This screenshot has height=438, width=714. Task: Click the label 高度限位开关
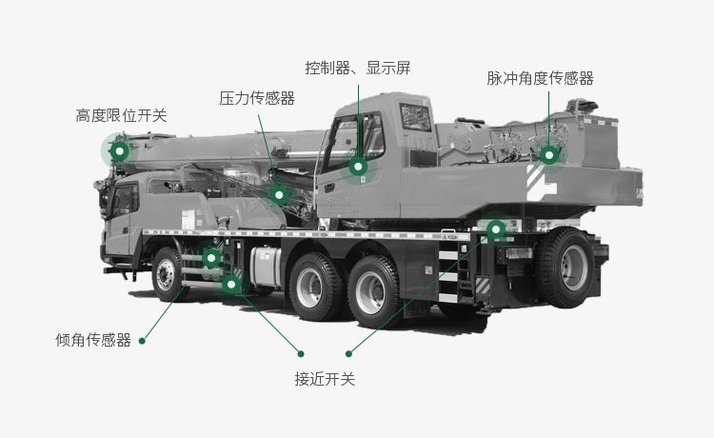click(121, 115)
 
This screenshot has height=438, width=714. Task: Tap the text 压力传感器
click(257, 98)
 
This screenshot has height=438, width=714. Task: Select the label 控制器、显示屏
click(357, 68)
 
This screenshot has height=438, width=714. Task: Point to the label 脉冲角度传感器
click(540, 78)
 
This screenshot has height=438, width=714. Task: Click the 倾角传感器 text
click(93, 340)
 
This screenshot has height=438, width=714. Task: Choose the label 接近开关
click(325, 379)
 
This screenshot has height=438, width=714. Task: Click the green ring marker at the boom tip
click(120, 150)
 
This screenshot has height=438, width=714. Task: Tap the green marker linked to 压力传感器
click(279, 195)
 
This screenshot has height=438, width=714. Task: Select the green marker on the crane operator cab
click(358, 167)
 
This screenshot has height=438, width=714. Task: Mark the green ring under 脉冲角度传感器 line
click(549, 155)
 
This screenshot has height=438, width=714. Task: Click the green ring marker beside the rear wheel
click(496, 229)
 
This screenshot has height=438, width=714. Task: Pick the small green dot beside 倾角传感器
click(142, 341)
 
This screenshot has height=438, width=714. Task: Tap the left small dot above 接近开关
click(301, 354)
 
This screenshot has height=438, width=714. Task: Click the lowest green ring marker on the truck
click(231, 285)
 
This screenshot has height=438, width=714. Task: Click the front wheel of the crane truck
click(168, 274)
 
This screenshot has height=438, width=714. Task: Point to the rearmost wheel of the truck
click(566, 267)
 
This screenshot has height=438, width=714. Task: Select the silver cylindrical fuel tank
click(265, 266)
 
